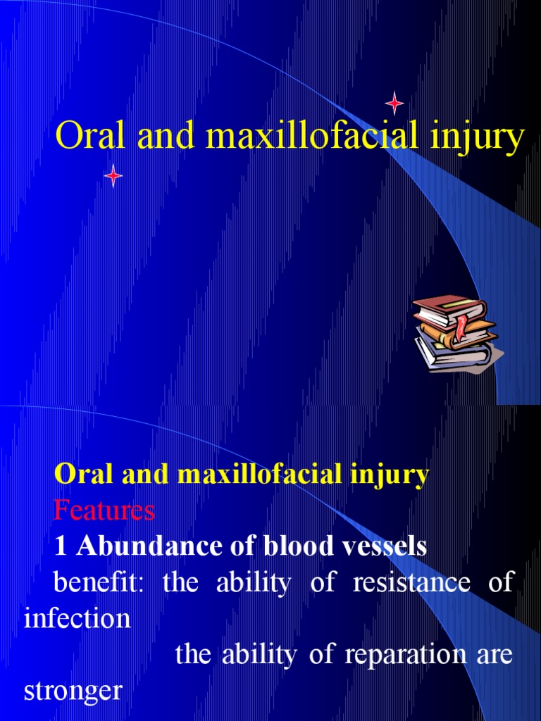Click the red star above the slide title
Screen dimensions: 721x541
pyautogui.click(x=394, y=104)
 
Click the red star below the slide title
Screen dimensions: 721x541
pyautogui.click(x=113, y=175)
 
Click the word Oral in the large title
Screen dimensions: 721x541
pyautogui.click(x=85, y=137)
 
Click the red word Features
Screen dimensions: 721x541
pyautogui.click(x=104, y=510)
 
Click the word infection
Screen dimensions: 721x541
pyautogui.click(x=77, y=619)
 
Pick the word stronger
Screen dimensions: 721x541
pyautogui.click(x=73, y=691)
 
